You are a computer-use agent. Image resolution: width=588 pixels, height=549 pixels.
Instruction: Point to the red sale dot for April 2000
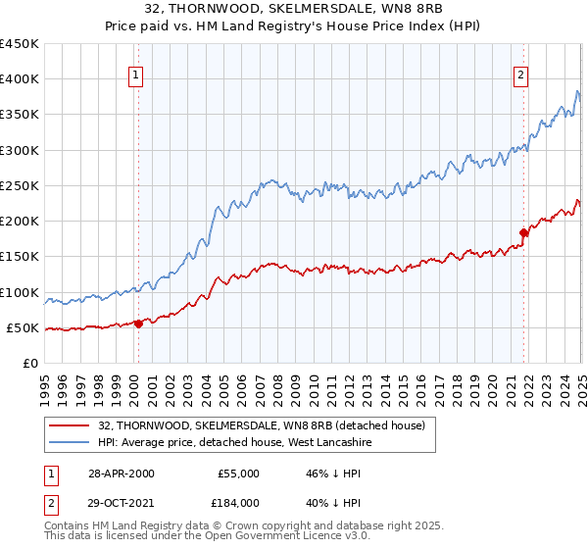(x=138, y=324)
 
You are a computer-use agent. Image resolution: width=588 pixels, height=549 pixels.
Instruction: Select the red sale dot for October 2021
(x=523, y=232)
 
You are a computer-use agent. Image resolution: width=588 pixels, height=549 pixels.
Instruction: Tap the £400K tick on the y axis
(x=19, y=79)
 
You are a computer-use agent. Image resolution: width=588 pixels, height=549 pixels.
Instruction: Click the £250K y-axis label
(x=19, y=186)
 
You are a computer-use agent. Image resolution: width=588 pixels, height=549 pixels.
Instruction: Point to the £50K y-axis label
(x=23, y=328)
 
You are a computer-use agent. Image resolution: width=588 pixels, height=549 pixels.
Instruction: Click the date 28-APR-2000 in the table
(x=121, y=474)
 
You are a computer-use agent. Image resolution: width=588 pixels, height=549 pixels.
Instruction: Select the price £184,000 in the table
(x=238, y=503)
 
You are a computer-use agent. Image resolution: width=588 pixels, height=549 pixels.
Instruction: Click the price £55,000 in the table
(x=238, y=474)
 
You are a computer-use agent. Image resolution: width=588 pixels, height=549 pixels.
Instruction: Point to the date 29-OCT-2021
(x=121, y=503)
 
